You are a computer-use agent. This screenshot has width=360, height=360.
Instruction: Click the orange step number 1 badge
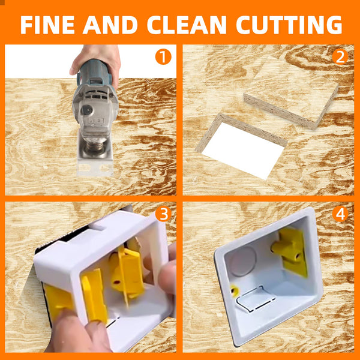(163, 58)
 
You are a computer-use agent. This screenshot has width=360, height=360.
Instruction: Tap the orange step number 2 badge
(341, 58)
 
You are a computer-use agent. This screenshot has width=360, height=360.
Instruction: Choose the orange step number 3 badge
(163, 214)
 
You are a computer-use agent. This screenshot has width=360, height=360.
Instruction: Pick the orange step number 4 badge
(340, 214)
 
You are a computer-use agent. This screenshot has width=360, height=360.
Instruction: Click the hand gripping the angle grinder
(96, 60)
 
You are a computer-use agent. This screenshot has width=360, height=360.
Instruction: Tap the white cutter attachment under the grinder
(95, 159)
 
